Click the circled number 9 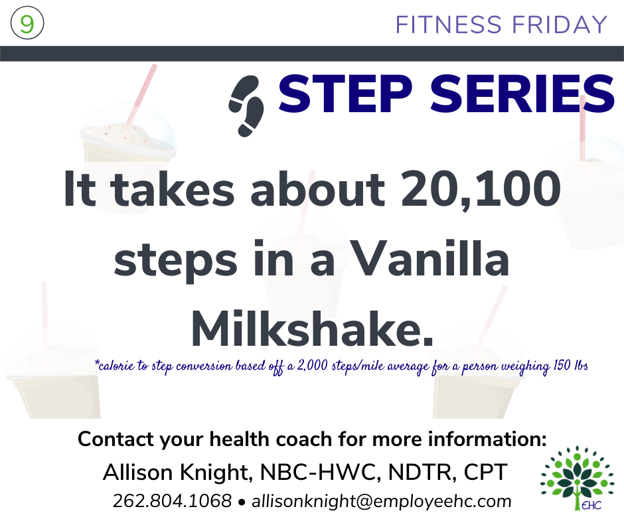27,23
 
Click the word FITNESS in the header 449,25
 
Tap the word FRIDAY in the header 560,25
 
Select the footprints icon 246,107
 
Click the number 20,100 481,188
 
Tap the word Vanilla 430,260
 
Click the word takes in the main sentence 172,189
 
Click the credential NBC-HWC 318,473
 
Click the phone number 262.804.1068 172,501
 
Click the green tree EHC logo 577,478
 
